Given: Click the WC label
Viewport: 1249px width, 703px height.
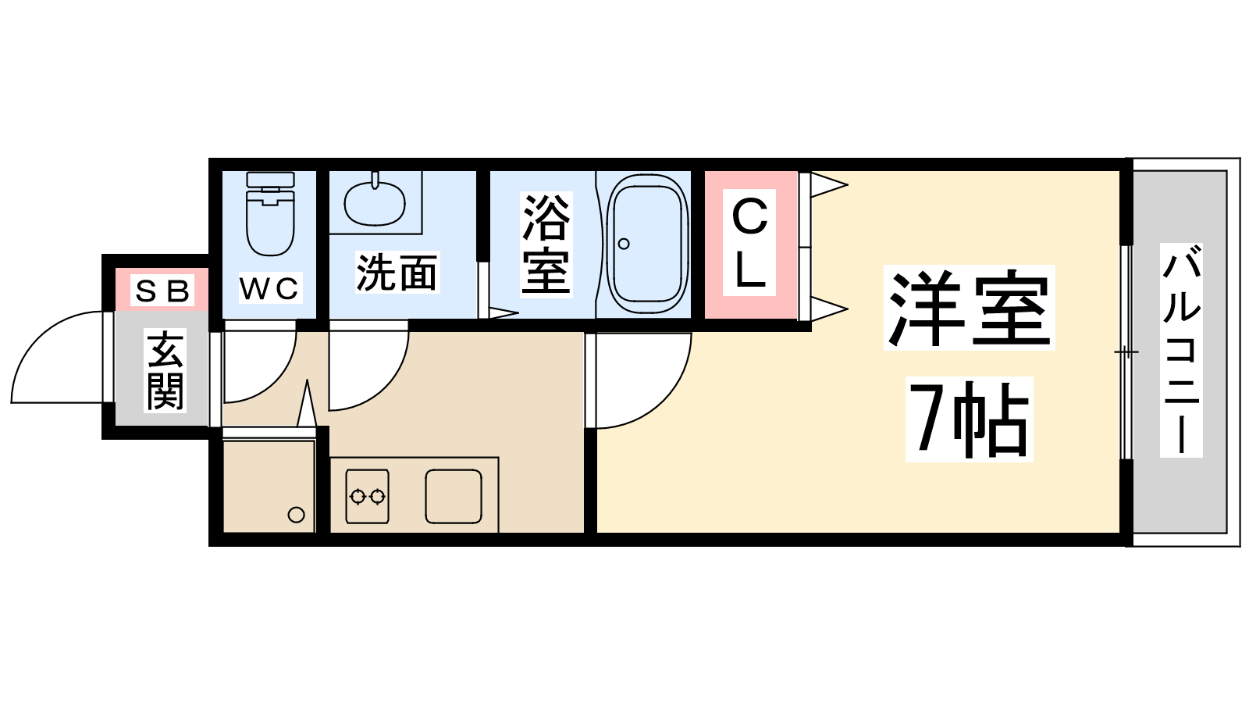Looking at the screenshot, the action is (x=270, y=288).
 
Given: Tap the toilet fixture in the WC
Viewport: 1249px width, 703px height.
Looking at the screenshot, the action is (x=270, y=213).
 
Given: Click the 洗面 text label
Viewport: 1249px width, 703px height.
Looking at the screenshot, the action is (x=397, y=273).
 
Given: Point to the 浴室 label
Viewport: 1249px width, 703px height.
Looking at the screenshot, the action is (x=546, y=243).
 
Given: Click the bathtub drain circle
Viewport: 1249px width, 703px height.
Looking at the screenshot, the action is (x=624, y=244).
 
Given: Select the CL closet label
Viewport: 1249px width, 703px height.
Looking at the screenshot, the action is (x=749, y=243).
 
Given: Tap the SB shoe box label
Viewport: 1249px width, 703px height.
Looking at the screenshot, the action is (x=162, y=291).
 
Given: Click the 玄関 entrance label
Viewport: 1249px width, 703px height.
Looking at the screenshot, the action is (x=165, y=370).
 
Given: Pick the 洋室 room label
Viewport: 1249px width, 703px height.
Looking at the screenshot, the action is (x=969, y=308).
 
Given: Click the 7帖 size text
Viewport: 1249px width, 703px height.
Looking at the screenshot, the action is (x=969, y=419).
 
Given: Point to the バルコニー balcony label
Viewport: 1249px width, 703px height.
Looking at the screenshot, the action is (x=1181, y=351).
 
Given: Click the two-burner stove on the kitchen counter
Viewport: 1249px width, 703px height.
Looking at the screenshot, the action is (x=367, y=496).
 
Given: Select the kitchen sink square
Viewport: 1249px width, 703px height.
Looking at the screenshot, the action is (x=454, y=496).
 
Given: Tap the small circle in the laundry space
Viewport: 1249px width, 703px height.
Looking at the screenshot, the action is (x=296, y=515).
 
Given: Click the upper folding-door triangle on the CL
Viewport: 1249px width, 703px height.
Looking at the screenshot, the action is (x=829, y=184).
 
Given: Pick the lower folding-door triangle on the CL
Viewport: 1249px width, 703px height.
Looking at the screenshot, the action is (x=829, y=309).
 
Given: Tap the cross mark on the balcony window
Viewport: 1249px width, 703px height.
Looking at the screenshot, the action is (x=1126, y=352).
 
